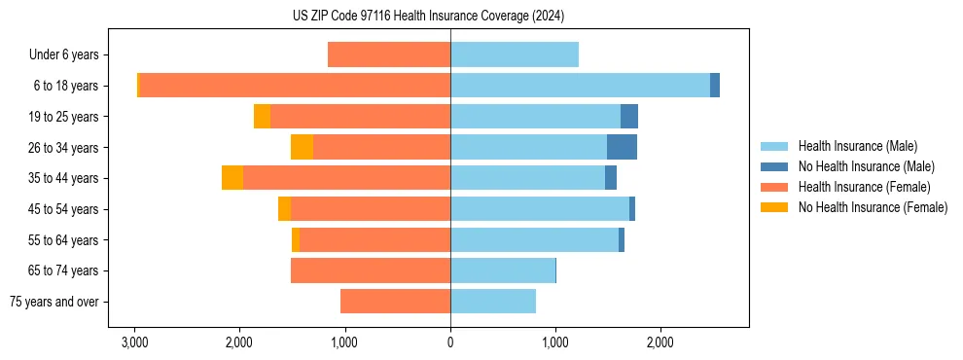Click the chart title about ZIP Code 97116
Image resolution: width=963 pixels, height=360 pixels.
[x=428, y=17]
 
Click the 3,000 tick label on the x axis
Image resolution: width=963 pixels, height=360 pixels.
[x=134, y=343]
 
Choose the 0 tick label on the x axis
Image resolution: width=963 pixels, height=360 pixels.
[x=450, y=343]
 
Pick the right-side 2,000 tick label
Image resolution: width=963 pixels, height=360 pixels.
[x=660, y=343]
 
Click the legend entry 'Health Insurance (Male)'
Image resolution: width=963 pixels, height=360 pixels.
[x=857, y=146]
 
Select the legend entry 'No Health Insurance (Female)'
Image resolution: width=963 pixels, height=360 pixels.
[x=873, y=207]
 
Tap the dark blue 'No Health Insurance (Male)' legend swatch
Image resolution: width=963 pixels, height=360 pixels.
[x=774, y=166]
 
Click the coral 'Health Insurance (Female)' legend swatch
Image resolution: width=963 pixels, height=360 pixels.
[x=774, y=187]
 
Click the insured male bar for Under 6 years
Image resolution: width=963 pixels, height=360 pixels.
[x=515, y=54]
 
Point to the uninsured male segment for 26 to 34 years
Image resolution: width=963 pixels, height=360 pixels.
[x=622, y=147]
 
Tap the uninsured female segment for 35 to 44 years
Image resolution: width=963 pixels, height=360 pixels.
[x=232, y=178]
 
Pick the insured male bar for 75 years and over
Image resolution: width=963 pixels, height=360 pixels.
[x=493, y=302]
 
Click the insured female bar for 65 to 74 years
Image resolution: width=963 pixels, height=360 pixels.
[x=371, y=270]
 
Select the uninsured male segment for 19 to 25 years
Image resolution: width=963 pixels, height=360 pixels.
[x=629, y=116]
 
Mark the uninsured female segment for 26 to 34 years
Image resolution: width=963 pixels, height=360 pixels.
[x=302, y=147]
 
